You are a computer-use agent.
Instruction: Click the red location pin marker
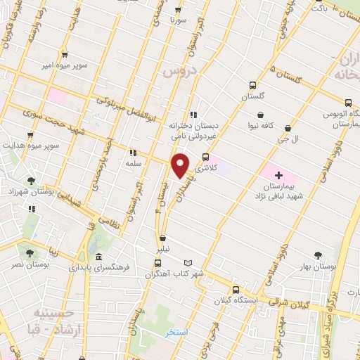click(x=181, y=165)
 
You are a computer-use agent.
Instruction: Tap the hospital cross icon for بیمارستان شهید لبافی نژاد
click(x=278, y=174)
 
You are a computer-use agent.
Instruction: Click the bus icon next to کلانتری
click(x=205, y=157)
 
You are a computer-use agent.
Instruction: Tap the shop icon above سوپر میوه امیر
click(x=65, y=53)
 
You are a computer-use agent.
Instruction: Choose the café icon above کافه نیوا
click(x=261, y=115)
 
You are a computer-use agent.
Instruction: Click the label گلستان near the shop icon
click(x=254, y=95)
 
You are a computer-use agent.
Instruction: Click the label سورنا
click(x=176, y=21)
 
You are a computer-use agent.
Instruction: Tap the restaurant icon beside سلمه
click(x=131, y=152)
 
